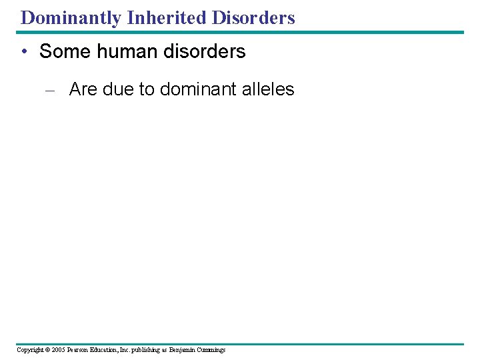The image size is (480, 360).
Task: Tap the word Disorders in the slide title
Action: [x=253, y=18]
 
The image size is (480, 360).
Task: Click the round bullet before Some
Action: [x=25, y=52]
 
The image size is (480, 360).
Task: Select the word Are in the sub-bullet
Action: [x=83, y=89]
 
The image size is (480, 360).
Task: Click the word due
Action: [x=119, y=89]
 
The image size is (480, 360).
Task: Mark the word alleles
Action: [x=265, y=89]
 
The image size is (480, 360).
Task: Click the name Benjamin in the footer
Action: [x=183, y=350]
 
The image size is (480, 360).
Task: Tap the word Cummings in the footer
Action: [x=212, y=350]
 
